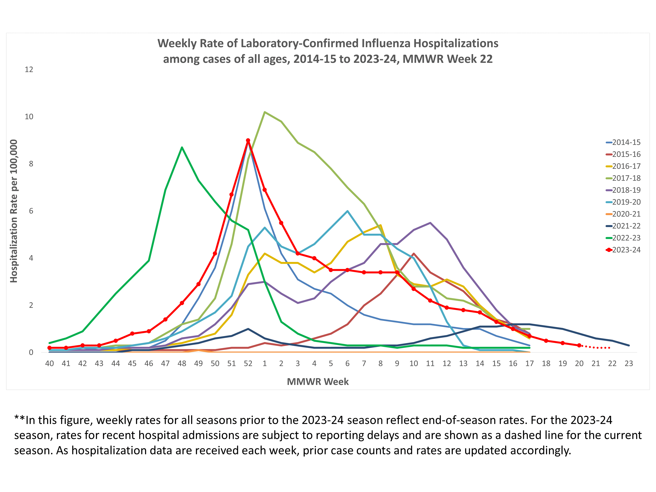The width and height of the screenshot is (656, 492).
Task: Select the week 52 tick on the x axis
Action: pos(248,364)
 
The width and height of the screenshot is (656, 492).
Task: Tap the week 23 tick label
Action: pos(629,364)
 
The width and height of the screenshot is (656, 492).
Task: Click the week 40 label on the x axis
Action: pos(49,364)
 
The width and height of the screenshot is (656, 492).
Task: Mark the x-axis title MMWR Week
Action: pos(318,382)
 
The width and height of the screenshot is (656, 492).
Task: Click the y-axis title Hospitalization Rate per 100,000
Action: pos(14,211)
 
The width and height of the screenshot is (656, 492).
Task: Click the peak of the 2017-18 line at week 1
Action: pos(264,112)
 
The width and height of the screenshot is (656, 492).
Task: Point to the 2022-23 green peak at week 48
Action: pos(182,147)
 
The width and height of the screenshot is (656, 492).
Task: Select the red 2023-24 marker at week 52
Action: pos(248,140)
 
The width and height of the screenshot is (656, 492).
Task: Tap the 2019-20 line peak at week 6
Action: pos(347,211)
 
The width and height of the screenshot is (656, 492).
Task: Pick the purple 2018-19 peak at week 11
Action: pos(430,223)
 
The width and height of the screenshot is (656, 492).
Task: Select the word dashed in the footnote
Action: pos(522,435)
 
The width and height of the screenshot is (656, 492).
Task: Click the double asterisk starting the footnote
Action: pos(20,419)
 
